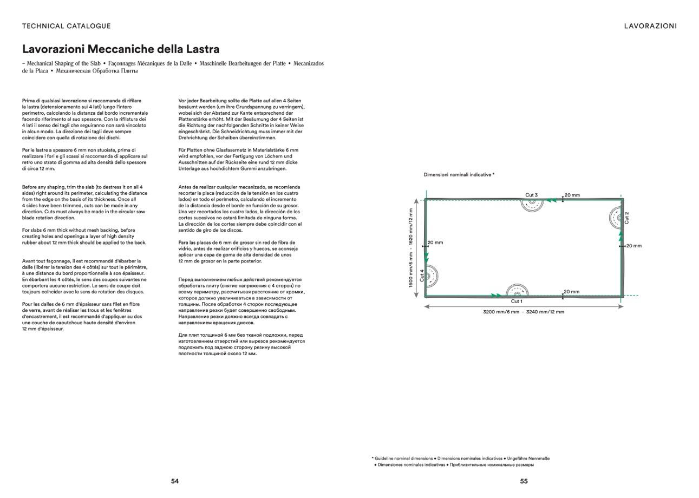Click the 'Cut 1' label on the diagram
(x=517, y=302)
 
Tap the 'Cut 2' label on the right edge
(x=627, y=218)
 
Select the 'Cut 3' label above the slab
(x=531, y=195)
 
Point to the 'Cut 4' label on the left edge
(x=422, y=276)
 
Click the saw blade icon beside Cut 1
(x=517, y=290)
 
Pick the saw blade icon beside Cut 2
(x=615, y=218)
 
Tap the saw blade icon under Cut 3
(x=532, y=205)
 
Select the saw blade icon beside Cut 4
(x=432, y=276)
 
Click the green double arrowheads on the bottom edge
(x=495, y=296)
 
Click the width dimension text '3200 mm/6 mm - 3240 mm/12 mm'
(x=523, y=312)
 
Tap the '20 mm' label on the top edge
(x=572, y=195)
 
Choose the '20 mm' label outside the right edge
(x=633, y=246)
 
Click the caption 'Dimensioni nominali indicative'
(x=459, y=175)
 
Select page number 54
(x=175, y=481)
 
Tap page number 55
(x=524, y=481)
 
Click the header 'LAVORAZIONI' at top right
(x=650, y=26)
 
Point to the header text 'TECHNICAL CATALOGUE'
(x=67, y=26)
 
